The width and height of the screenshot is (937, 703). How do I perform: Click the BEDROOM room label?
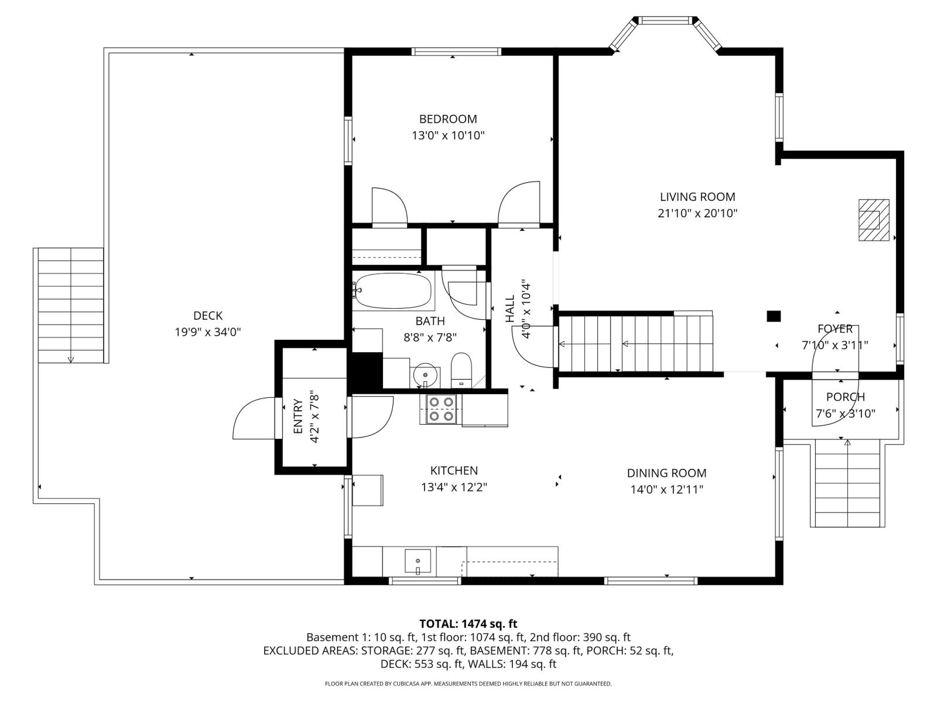448,120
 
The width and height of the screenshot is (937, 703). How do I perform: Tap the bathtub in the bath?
394,291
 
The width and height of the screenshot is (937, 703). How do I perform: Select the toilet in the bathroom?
461,370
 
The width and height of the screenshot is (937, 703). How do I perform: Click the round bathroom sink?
425,373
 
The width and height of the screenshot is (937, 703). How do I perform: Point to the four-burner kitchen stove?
441,408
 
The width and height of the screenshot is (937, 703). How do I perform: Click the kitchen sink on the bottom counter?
418,561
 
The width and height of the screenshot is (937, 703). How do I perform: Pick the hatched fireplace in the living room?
873,220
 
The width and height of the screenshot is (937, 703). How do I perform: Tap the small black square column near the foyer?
774,316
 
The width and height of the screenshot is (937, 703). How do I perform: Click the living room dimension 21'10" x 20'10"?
697,214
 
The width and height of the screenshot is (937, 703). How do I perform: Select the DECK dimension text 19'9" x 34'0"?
208,332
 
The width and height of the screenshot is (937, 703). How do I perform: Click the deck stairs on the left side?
70,305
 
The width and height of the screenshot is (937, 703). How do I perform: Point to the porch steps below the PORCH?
847,483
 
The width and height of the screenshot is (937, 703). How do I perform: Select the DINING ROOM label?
666,473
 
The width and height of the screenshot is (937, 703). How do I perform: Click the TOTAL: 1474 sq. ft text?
468,624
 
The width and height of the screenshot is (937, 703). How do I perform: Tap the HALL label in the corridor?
510,309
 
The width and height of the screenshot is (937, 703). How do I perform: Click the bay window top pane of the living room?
665,21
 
